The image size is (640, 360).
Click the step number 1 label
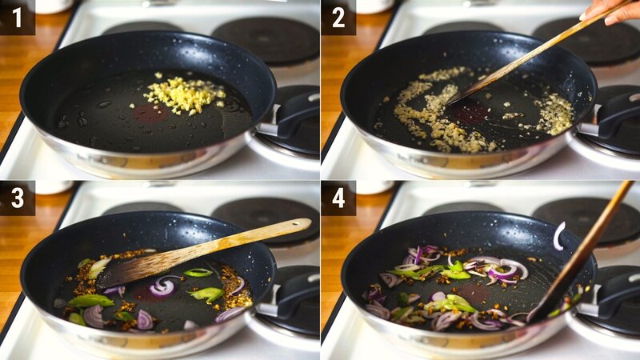17,17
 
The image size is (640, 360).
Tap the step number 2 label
338,17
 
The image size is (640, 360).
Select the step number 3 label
17,198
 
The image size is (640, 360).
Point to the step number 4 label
338,198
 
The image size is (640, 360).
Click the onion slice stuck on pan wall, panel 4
558,235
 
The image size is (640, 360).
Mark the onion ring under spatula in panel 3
162,287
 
